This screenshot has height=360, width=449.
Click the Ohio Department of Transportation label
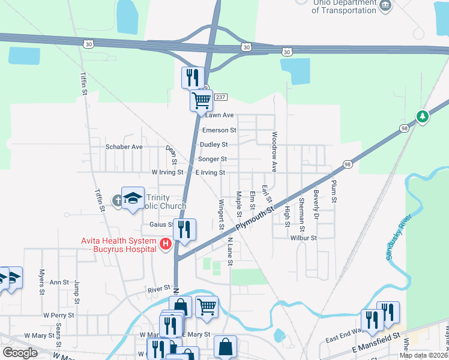336,7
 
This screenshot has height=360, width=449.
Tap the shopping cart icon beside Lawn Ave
201,100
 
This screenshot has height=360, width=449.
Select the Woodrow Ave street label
274,152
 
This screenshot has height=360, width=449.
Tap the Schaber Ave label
124,146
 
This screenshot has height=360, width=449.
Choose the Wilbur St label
303,238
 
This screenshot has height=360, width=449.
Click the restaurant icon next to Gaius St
184,229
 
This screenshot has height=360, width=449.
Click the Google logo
20,353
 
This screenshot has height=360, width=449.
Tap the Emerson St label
219,130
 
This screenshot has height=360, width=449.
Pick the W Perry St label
58,314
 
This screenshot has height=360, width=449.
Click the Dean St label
172,156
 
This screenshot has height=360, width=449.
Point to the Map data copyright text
424,355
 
